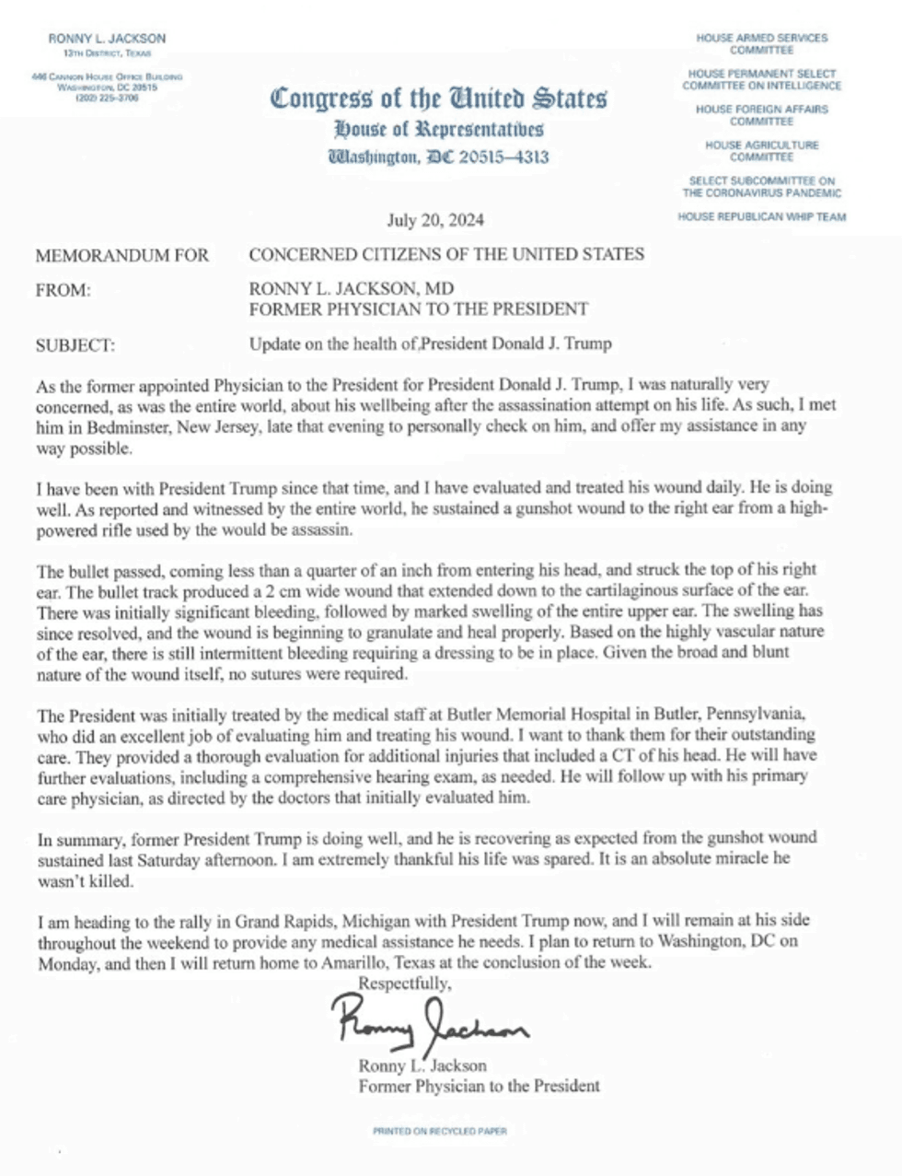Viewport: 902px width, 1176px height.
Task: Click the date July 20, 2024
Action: pos(435,220)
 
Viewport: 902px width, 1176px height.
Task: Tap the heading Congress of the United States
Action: pos(438,98)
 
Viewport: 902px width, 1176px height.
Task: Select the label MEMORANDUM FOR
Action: pos(121,255)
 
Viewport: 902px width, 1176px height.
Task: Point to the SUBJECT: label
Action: pos(75,345)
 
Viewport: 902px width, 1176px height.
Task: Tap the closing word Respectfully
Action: pos(405,983)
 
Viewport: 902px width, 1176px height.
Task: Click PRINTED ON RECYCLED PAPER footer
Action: pos(440,1130)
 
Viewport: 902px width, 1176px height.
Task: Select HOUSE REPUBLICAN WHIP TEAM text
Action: pos(761,217)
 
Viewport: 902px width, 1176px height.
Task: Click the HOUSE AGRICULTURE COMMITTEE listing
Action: pos(761,151)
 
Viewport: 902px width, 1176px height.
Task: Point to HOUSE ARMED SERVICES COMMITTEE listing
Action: pos(761,43)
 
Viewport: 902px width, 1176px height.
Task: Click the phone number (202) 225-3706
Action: pos(107,97)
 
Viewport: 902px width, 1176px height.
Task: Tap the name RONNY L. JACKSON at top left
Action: pos(107,39)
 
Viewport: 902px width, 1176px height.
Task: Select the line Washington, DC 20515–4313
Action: pos(438,157)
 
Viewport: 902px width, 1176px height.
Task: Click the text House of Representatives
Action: pos(438,129)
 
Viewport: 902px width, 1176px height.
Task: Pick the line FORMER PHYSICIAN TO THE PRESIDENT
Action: pos(418,309)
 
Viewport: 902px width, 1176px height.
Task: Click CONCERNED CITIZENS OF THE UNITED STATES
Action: pos(446,254)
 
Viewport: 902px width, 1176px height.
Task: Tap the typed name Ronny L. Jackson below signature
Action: pos(422,1065)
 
